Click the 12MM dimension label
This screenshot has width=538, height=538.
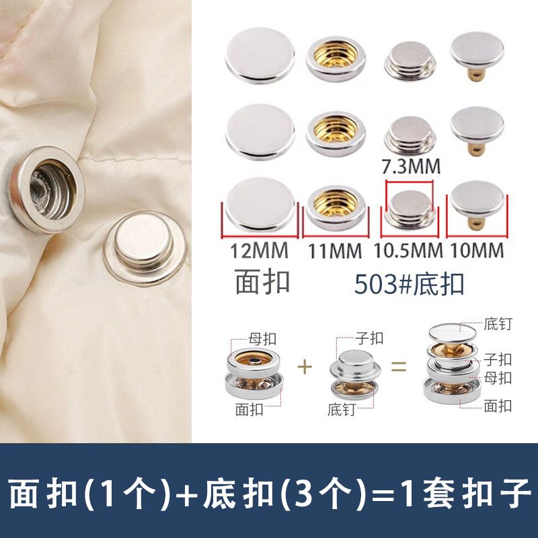coord(260,251)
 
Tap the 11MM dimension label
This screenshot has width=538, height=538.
coord(335,251)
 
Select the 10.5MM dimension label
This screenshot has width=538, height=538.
coord(408,251)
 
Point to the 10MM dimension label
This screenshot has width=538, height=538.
coord(477,251)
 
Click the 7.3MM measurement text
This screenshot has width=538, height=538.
coord(411,166)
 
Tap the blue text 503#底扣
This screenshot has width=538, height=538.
coord(410,284)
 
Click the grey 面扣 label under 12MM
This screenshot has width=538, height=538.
coord(262,282)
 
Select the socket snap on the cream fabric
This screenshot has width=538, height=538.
coord(47,190)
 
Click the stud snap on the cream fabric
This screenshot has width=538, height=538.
coord(145,248)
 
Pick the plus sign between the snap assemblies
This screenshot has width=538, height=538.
coord(305,367)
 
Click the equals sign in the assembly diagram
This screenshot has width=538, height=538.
coord(399,367)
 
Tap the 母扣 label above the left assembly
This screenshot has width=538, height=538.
coord(262,339)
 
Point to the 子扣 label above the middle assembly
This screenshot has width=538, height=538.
coord(369,338)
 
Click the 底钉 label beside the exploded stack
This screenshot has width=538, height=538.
coord(498,324)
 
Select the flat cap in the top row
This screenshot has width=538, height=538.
coord(260,56)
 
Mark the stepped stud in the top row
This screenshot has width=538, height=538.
coord(410,61)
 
